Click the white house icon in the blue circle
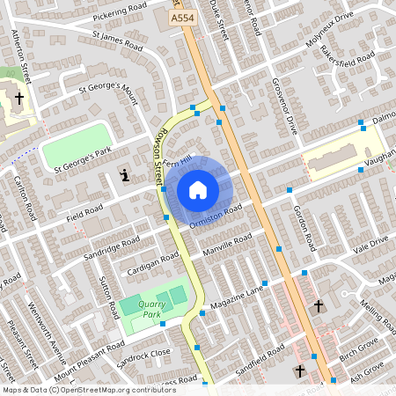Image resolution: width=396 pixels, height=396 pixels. [198, 189]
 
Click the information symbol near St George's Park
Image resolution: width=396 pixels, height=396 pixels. [125, 175]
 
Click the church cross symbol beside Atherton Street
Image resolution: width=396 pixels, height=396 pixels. [18, 99]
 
